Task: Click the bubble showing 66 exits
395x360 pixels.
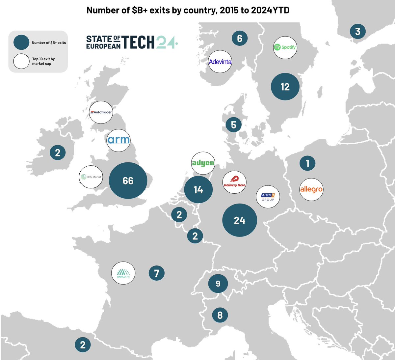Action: coord(128,180)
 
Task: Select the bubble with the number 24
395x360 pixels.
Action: coord(240,220)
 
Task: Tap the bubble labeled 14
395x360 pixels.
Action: coord(198,190)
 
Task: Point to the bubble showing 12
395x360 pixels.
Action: coord(285,87)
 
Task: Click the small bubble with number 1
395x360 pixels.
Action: coord(307,163)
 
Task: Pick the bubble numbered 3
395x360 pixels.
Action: coord(357,31)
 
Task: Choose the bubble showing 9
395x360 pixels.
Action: coord(218,284)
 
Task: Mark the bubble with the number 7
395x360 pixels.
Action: coord(157,273)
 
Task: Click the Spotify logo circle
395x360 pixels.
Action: coord(285,47)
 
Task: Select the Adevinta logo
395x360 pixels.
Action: coord(220,62)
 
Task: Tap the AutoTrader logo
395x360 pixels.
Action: coord(101,112)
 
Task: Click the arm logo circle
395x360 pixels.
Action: coord(118,140)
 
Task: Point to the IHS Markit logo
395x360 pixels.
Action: coord(91,177)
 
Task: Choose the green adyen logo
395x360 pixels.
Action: coord(203,163)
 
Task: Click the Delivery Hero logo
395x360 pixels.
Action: coord(234,182)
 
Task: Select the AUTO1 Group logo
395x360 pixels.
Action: coord(268,197)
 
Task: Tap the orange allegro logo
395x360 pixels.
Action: coord(311,189)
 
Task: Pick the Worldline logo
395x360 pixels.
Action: coord(123,273)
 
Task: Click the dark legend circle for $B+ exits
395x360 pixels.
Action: coord(21,42)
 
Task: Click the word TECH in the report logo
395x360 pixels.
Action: coord(138,42)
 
